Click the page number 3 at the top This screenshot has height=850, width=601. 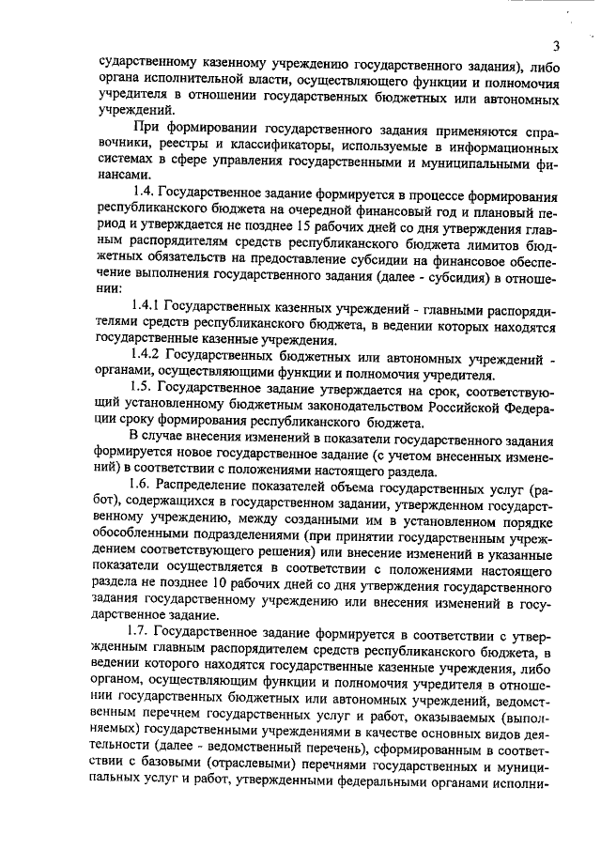coord(556,46)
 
